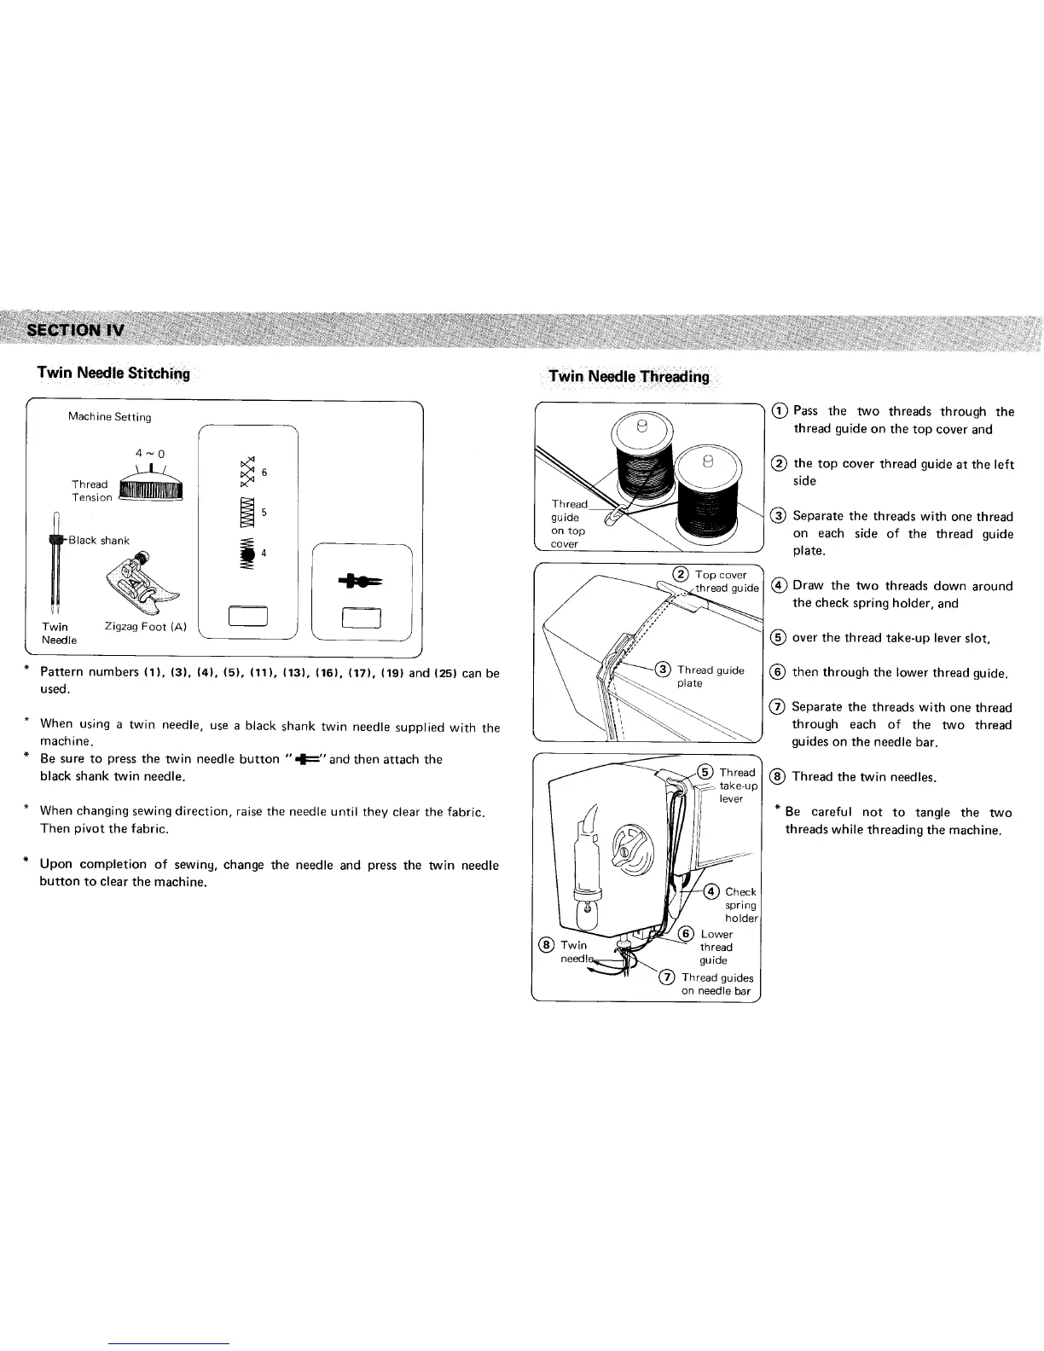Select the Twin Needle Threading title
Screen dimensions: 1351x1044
pyautogui.click(x=629, y=377)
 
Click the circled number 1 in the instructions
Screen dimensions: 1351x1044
pyautogui.click(x=780, y=411)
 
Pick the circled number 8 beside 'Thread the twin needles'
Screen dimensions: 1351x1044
pyautogui.click(x=778, y=776)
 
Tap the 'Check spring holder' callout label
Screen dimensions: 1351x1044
pyautogui.click(x=739, y=905)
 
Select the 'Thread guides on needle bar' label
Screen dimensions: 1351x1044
pyautogui.click(x=716, y=984)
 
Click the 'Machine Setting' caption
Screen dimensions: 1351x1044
pyautogui.click(x=109, y=417)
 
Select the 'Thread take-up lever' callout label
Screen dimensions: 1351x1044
pyautogui.click(x=737, y=786)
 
